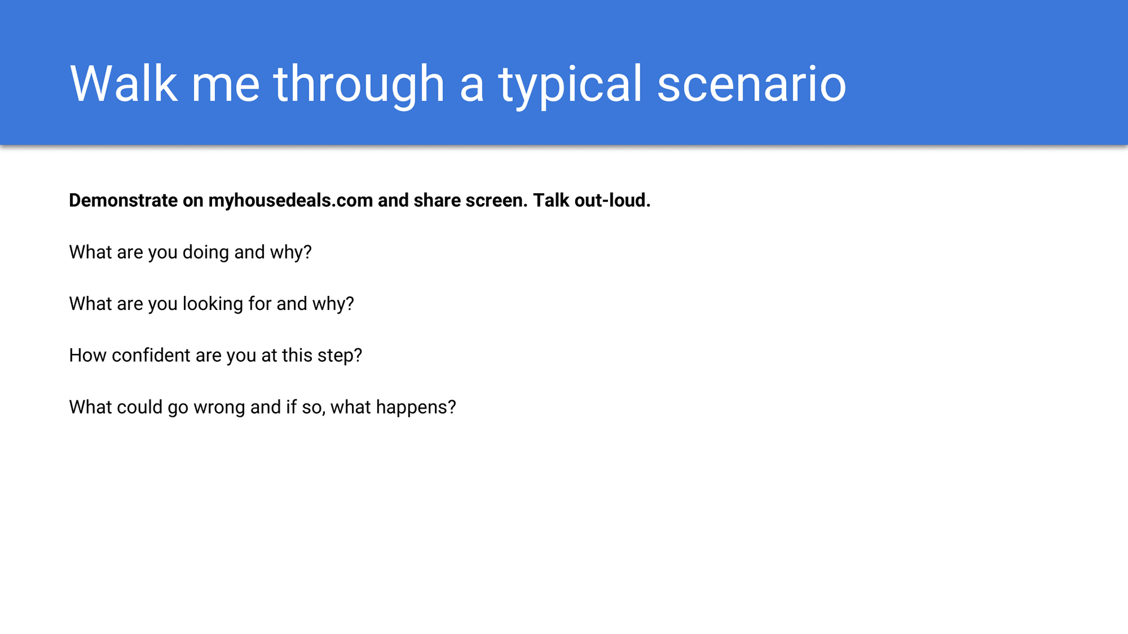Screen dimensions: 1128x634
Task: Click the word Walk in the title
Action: (x=123, y=83)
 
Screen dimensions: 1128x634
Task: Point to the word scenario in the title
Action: (x=751, y=84)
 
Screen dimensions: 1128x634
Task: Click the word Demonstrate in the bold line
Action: (x=123, y=200)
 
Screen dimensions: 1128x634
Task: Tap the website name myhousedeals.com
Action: (x=291, y=201)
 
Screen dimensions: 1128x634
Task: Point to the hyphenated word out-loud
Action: (x=613, y=200)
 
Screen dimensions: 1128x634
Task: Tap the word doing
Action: (x=206, y=252)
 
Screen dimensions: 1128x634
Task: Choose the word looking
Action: (x=213, y=304)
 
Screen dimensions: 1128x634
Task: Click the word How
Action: (x=88, y=356)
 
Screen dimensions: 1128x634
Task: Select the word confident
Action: (x=151, y=355)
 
